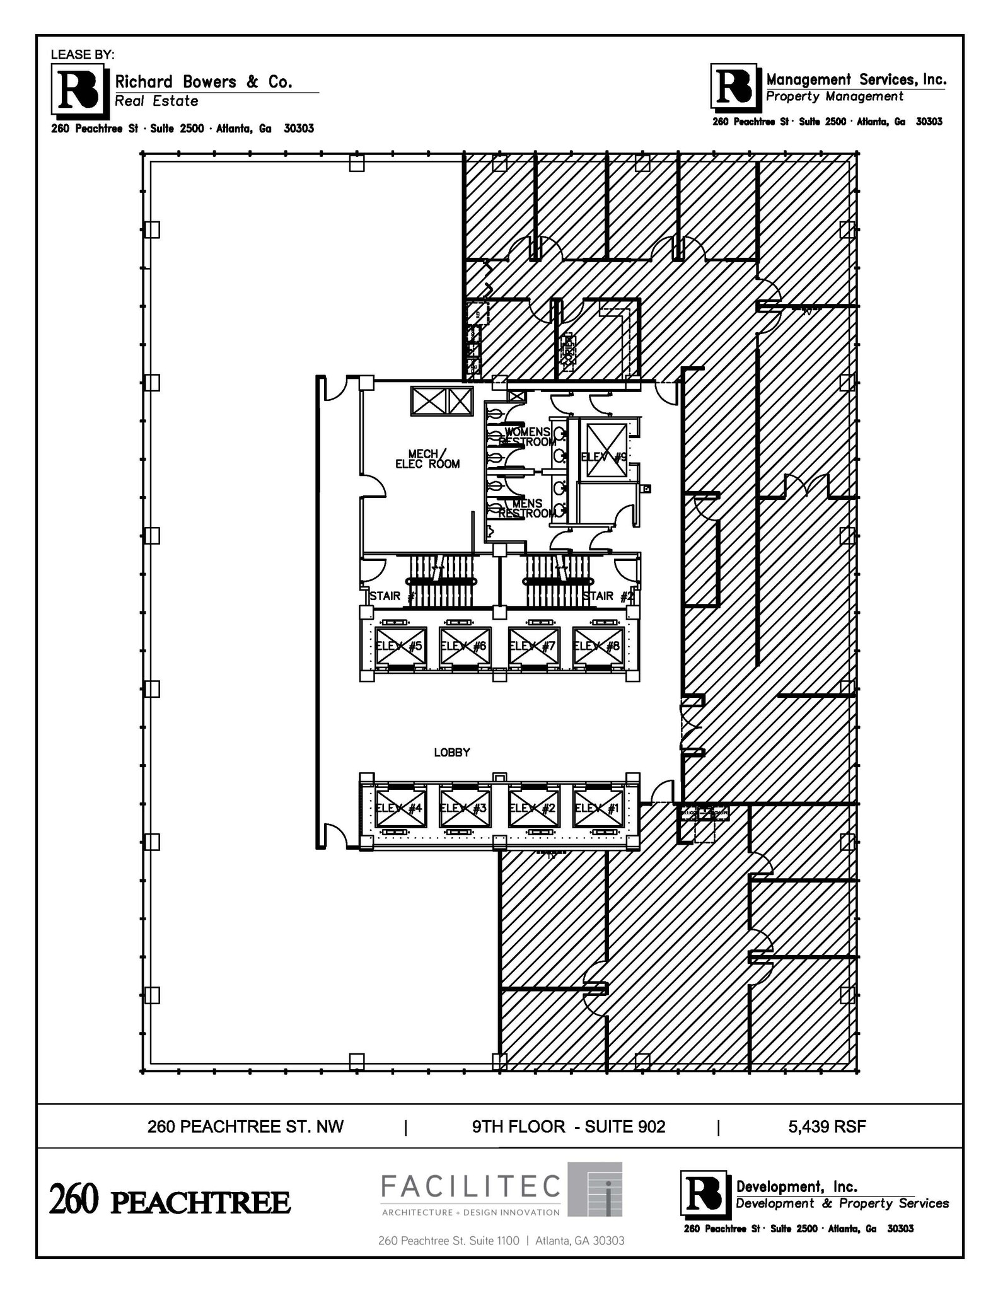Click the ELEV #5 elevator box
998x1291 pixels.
[400, 646]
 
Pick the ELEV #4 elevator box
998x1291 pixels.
[400, 808]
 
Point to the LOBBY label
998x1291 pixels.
[452, 753]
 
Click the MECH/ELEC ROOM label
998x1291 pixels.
[427, 460]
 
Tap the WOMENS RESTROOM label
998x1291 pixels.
[527, 437]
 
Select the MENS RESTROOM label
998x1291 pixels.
[527, 508]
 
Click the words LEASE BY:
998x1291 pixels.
[83, 55]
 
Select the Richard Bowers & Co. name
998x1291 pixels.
[203, 82]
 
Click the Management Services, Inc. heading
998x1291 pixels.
[856, 79]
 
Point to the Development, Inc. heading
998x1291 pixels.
[797, 1187]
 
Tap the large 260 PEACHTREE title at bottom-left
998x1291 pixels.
[170, 1201]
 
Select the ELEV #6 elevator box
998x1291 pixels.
[465, 646]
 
